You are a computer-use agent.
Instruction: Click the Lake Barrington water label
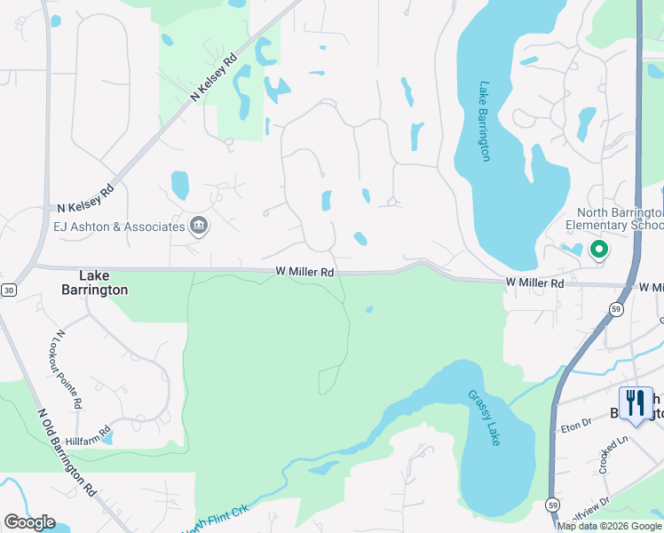click(485, 122)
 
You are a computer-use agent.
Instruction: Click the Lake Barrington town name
click(93, 282)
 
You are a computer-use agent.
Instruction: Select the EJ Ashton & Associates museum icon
click(199, 227)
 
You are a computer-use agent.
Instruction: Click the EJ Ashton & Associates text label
click(119, 227)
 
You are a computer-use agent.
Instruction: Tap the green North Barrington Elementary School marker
click(598, 251)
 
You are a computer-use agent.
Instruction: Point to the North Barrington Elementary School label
click(620, 219)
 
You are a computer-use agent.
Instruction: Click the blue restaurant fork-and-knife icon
click(636, 403)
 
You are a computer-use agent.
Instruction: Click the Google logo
click(29, 521)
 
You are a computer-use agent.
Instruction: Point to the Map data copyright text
click(609, 526)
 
